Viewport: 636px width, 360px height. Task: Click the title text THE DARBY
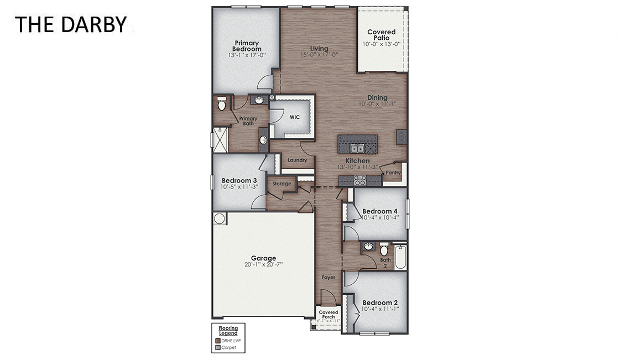point(71,24)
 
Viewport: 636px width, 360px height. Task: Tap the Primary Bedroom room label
point(247,46)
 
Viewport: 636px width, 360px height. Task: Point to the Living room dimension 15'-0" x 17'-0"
point(319,55)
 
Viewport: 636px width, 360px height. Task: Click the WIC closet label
point(294,117)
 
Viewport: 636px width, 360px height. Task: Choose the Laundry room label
point(297,160)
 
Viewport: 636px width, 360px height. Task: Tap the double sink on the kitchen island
point(357,148)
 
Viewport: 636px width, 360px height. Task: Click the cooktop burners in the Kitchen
point(360,180)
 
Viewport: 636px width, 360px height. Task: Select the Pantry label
point(393,173)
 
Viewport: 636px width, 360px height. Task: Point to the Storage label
point(281,184)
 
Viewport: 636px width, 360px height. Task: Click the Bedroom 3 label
point(239,180)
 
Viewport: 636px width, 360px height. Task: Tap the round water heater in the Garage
point(220,218)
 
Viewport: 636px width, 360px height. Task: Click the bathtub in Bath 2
point(400,257)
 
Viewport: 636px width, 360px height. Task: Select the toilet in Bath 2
point(384,250)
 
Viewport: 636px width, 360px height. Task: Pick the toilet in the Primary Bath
point(222,103)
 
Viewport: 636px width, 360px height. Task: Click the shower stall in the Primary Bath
point(220,139)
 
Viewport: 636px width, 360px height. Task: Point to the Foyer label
point(329,277)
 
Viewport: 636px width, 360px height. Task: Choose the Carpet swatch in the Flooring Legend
point(217,348)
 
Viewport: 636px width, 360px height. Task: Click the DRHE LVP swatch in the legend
point(217,341)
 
